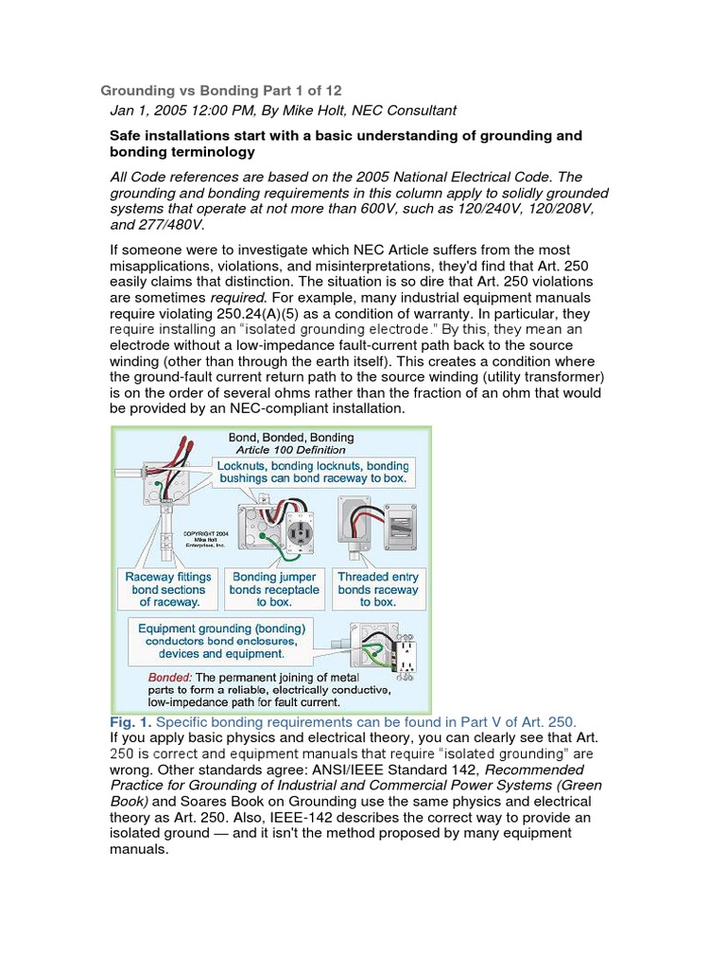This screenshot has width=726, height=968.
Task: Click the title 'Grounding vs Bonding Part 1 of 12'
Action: click(x=221, y=91)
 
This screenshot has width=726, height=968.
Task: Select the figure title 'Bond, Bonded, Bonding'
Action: click(x=291, y=438)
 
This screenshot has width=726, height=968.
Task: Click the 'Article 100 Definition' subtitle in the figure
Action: click(x=291, y=450)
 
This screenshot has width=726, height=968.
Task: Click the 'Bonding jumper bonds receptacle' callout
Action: click(x=274, y=589)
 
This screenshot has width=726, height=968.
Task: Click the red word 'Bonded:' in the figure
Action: click(x=169, y=678)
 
